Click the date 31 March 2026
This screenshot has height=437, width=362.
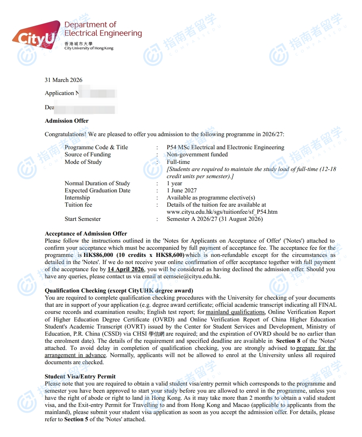[63, 80]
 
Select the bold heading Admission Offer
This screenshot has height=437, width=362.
[67, 121]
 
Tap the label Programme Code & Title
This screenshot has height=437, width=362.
[96, 147]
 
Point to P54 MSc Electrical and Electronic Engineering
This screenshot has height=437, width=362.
[225, 147]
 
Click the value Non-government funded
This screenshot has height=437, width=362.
[197, 154]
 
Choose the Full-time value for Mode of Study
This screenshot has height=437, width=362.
[178, 162]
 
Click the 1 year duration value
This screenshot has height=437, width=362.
[174, 183]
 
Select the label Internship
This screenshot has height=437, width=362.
[77, 198]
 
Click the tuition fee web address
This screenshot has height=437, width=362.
[222, 212]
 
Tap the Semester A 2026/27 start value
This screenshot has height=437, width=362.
[215, 219]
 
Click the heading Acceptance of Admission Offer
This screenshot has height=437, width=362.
[86, 234]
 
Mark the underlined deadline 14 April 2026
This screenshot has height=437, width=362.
[126, 269]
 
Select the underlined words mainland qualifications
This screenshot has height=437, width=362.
[235, 312]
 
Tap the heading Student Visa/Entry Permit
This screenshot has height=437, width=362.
[80, 376]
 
